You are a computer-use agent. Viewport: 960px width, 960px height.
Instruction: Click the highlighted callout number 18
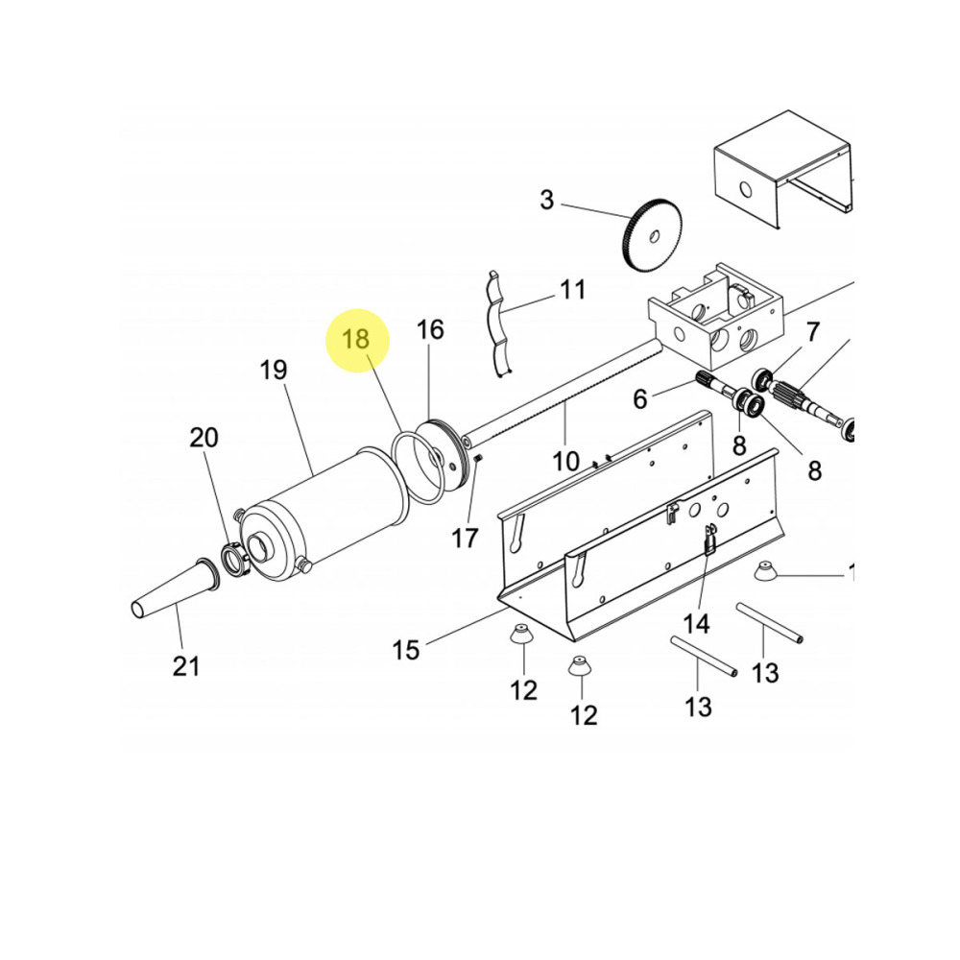[x=356, y=339]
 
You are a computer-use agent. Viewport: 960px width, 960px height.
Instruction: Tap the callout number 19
[x=273, y=370]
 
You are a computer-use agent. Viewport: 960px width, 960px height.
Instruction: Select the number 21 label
[x=186, y=666]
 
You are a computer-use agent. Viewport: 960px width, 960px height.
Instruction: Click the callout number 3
[x=547, y=201]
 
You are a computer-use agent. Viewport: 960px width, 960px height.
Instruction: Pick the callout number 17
[x=465, y=539]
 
